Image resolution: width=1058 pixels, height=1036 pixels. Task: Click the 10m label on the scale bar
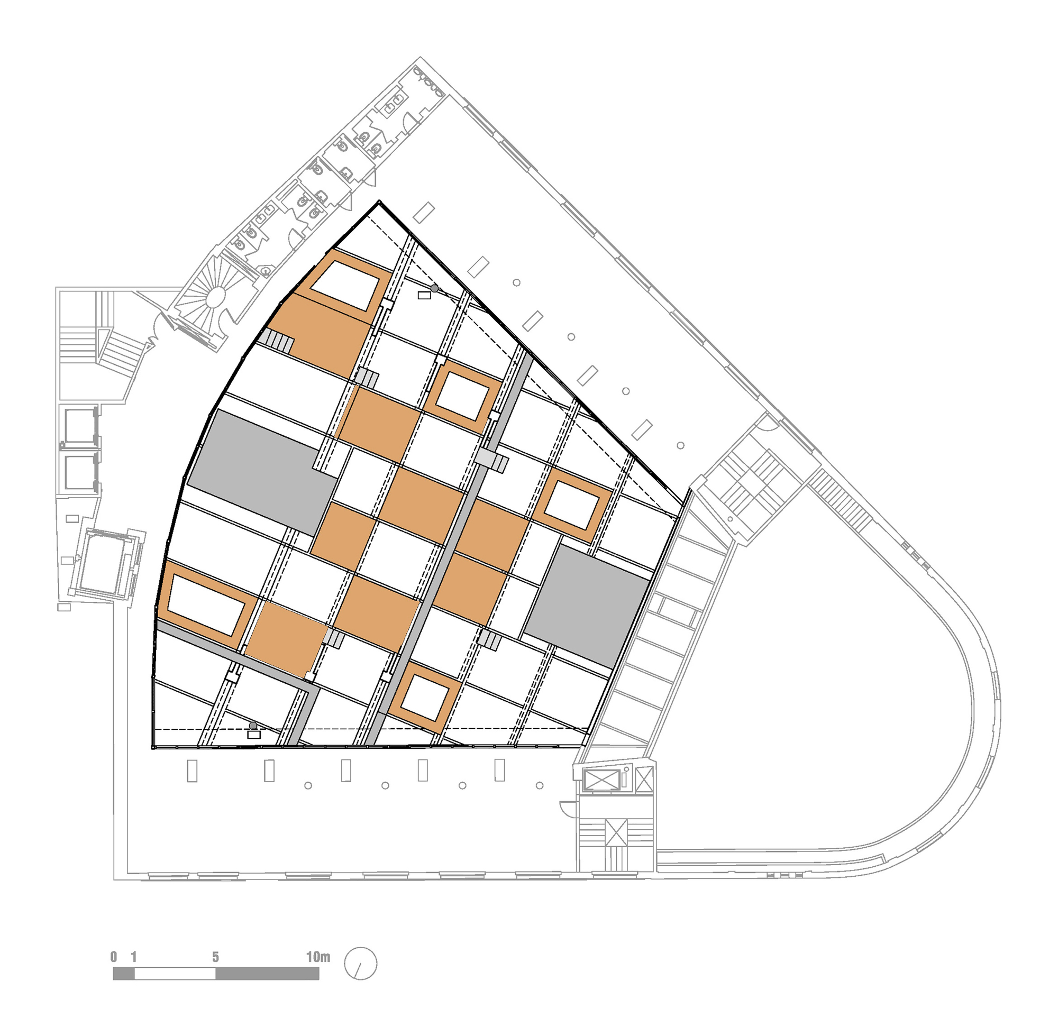click(x=318, y=957)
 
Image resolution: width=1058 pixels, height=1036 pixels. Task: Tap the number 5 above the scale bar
click(x=215, y=957)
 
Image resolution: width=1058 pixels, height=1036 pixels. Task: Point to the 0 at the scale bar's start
click(x=114, y=957)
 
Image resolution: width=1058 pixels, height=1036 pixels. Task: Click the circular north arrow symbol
click(x=360, y=964)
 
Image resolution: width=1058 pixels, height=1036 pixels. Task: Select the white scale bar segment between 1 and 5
click(x=175, y=974)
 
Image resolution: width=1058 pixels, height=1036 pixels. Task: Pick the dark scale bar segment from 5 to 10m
click(x=267, y=974)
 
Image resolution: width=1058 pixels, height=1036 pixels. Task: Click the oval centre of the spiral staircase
click(x=215, y=297)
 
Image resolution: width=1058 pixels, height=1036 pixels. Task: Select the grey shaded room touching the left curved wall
click(x=262, y=472)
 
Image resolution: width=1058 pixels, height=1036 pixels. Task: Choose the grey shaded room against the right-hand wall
click(x=587, y=606)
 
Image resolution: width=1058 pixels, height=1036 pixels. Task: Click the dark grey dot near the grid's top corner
click(x=434, y=288)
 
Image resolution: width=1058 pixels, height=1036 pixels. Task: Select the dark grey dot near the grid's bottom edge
click(x=253, y=726)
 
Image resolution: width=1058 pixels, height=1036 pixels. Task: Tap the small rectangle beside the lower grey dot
click(x=253, y=735)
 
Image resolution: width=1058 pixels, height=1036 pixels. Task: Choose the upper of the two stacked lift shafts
click(x=79, y=426)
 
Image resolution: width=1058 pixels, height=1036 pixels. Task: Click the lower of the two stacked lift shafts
click(x=79, y=472)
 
